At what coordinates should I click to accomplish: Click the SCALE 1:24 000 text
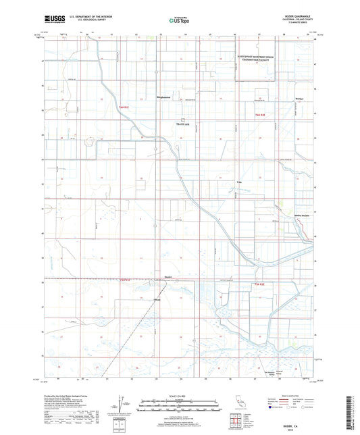(x=180, y=397)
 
